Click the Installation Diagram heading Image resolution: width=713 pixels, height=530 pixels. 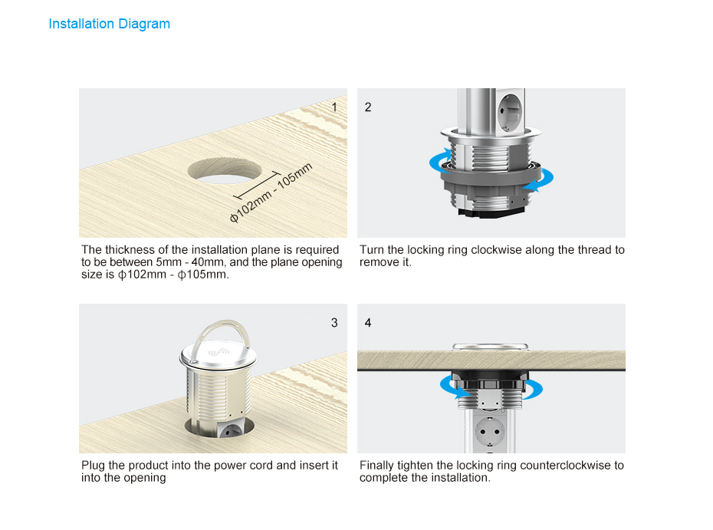(109, 24)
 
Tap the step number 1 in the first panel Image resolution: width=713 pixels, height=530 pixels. (334, 107)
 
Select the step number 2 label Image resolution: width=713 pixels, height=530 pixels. (368, 107)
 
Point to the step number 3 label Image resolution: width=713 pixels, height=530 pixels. (334, 323)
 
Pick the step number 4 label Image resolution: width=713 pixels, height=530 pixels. (368, 323)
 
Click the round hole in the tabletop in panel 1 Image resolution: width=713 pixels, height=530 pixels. (225, 170)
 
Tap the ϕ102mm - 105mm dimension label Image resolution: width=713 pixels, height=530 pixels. (271, 193)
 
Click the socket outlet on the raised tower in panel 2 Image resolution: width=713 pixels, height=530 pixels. (509, 111)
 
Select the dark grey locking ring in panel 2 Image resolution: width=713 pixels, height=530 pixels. (491, 181)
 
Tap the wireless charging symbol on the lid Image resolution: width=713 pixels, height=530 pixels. (219, 351)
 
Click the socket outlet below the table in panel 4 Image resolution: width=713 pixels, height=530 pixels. (489, 430)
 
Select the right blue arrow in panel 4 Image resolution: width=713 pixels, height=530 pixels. (533, 390)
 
